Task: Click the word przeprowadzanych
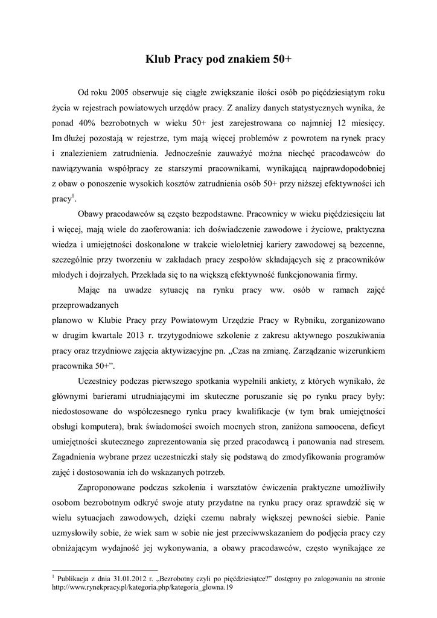coord(85,305)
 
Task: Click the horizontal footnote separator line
coord(105,570)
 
